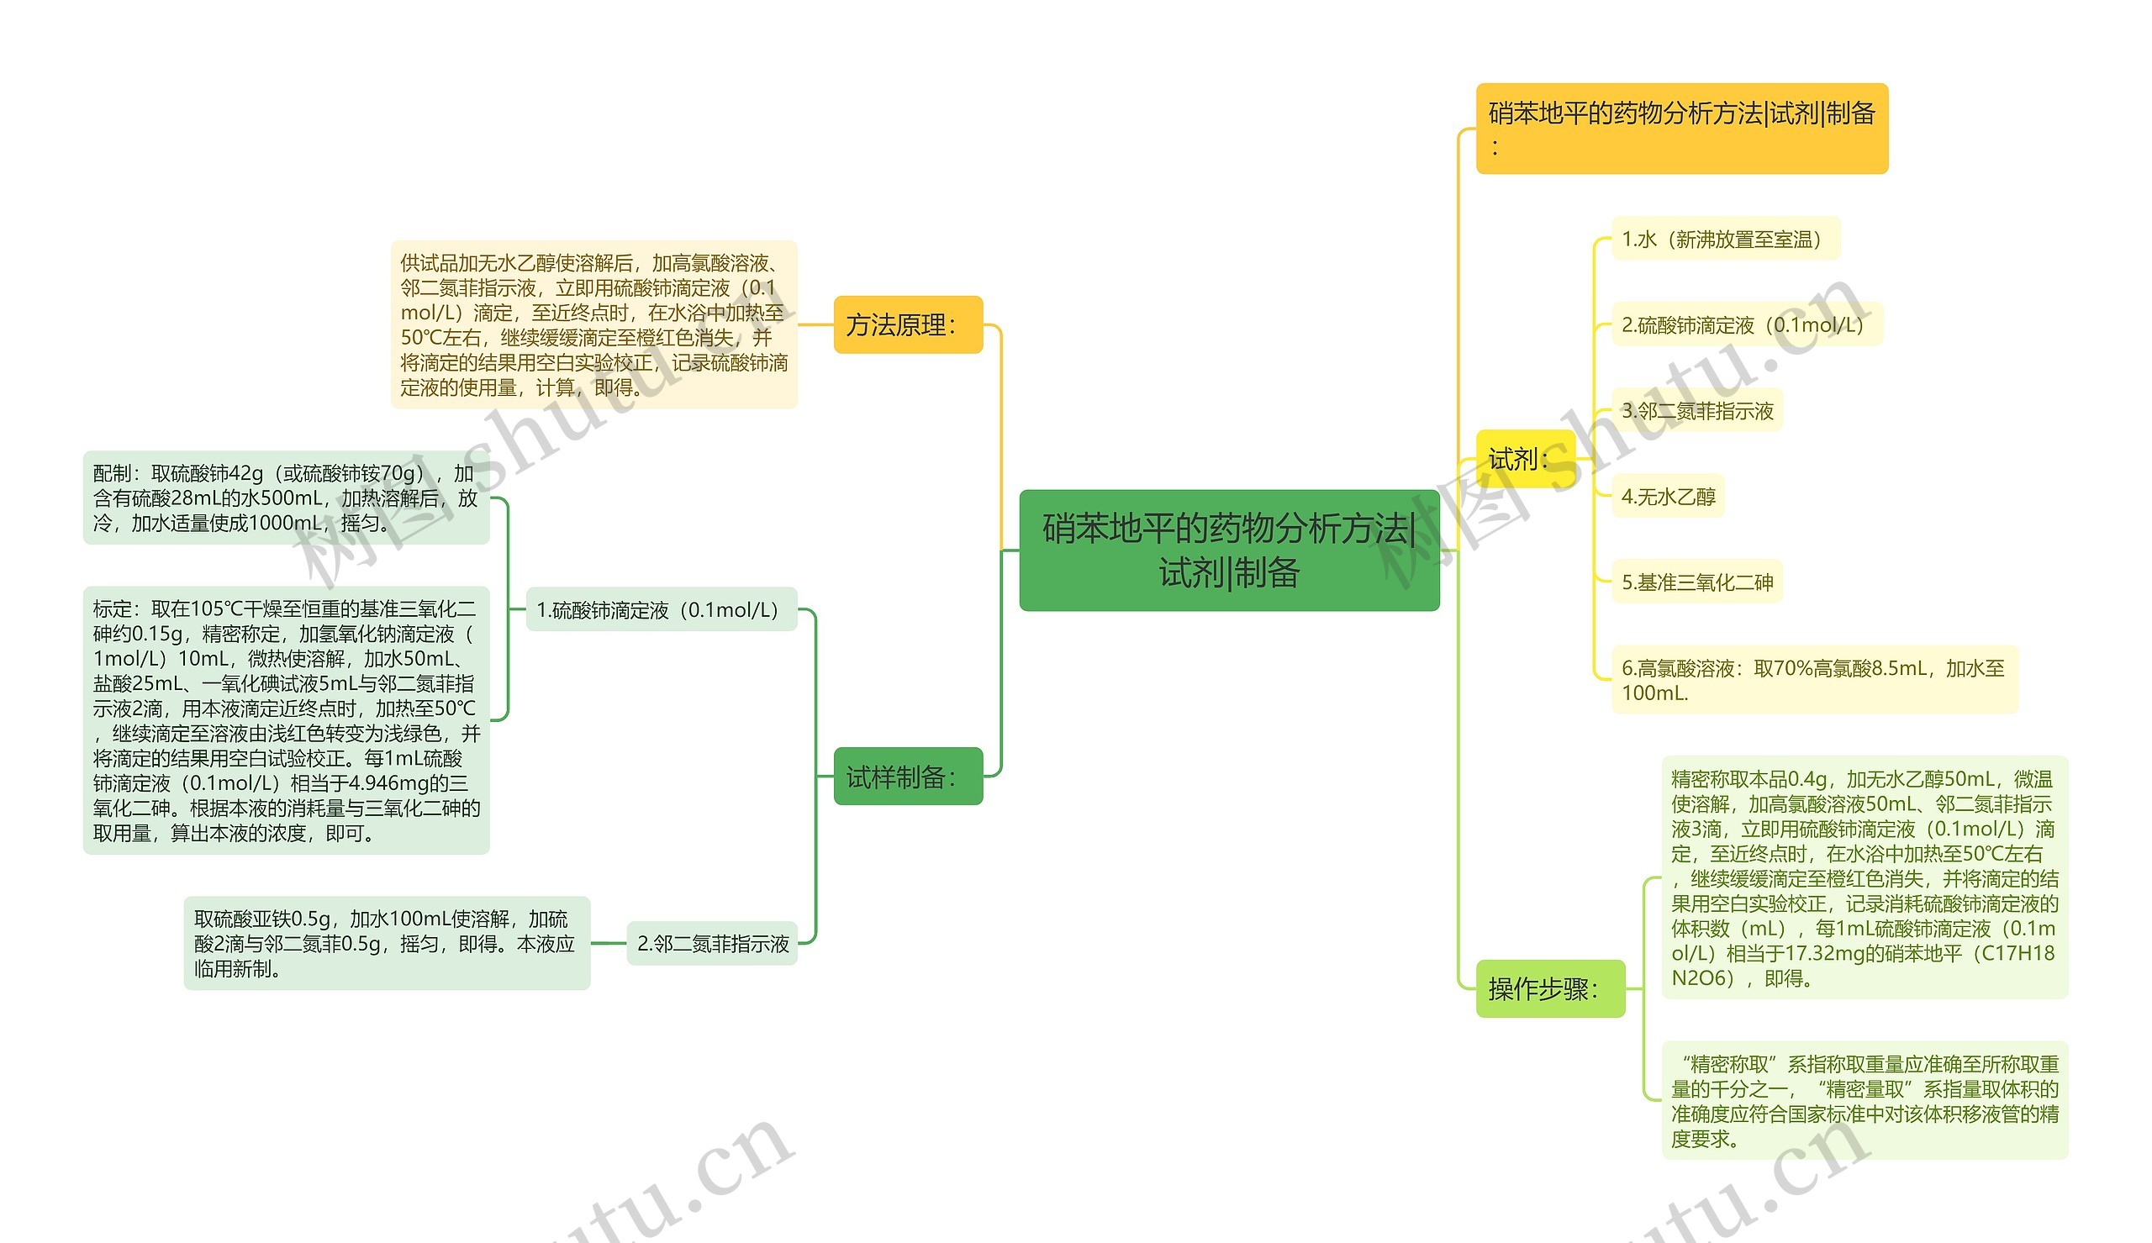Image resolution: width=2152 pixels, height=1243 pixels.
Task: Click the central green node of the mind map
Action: pyautogui.click(x=1229, y=550)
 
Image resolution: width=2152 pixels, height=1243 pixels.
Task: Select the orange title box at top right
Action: pyautogui.click(x=1681, y=129)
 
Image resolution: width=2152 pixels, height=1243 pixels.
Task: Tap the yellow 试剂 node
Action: pyautogui.click(x=1526, y=459)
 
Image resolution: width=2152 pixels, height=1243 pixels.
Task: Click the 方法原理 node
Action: pyautogui.click(x=908, y=324)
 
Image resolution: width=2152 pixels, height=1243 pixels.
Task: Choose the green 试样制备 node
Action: pyautogui.click(x=908, y=776)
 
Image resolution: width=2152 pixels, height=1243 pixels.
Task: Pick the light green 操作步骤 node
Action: pyautogui.click(x=1550, y=988)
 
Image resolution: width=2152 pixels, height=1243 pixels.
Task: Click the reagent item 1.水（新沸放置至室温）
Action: pyautogui.click(x=1725, y=239)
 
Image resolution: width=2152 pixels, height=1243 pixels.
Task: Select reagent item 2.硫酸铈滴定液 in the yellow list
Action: pyautogui.click(x=1747, y=324)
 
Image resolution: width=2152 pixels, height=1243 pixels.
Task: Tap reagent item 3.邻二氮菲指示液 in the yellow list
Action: pyautogui.click(x=1697, y=411)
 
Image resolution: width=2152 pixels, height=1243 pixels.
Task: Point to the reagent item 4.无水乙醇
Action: pyautogui.click(x=1668, y=496)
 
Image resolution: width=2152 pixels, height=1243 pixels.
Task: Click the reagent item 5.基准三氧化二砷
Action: pyautogui.click(x=1697, y=582)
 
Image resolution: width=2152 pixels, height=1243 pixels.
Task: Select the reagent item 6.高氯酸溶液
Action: pyautogui.click(x=1815, y=680)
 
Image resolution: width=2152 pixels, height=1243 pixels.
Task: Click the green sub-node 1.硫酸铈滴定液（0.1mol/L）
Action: pyautogui.click(x=662, y=609)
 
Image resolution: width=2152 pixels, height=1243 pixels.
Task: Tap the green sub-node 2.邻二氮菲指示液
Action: pyautogui.click(x=712, y=943)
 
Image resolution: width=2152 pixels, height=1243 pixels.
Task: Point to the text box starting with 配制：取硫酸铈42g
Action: pyautogui.click(x=286, y=498)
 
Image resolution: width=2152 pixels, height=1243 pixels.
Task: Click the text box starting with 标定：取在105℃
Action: pyautogui.click(x=286, y=720)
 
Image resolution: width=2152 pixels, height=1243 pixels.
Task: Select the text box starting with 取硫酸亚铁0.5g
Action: pyautogui.click(x=387, y=943)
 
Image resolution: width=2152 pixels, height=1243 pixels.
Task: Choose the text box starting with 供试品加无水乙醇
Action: pyautogui.click(x=594, y=324)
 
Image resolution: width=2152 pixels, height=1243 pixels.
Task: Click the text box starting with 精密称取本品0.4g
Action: pyautogui.click(x=1865, y=877)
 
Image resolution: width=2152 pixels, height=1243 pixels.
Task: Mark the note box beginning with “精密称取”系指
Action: pyautogui.click(x=1865, y=1100)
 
